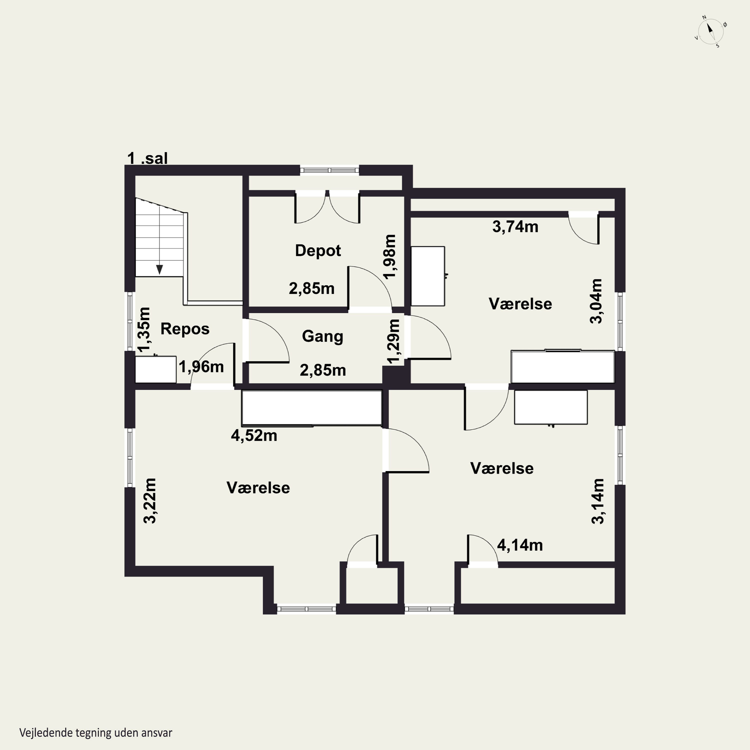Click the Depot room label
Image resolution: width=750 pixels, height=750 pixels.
click(318, 251)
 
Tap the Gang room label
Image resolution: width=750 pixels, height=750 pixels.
click(322, 336)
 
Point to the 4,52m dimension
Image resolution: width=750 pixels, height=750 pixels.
click(254, 435)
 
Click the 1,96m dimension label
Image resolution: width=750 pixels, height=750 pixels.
click(201, 367)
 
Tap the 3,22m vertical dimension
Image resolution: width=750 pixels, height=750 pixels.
click(150, 501)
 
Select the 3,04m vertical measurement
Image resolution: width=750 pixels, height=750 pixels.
click(596, 301)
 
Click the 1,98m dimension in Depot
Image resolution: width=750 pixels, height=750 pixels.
click(389, 256)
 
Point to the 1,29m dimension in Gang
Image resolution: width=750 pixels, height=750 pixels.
click(393, 341)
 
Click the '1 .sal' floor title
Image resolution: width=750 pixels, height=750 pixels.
click(147, 158)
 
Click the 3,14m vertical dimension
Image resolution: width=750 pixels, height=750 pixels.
click(598, 501)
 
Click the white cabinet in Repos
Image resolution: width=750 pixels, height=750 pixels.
click(156, 369)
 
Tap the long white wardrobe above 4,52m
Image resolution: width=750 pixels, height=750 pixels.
click(312, 407)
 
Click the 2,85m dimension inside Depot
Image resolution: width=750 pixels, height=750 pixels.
click(312, 289)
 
